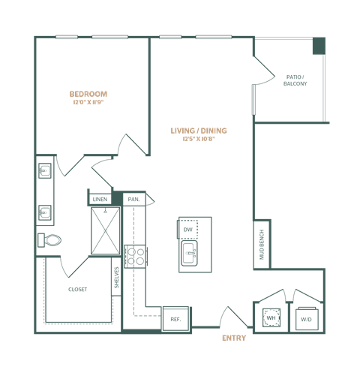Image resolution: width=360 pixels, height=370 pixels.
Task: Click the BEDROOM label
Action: tap(89, 94)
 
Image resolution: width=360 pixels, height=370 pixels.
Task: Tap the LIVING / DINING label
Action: tap(199, 131)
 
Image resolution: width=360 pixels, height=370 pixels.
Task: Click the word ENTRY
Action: tap(234, 338)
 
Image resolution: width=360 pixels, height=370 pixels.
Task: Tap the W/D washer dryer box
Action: tap(305, 319)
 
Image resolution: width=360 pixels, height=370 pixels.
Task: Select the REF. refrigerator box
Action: tap(175, 318)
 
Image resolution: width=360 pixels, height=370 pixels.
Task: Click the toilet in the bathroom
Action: tap(49, 240)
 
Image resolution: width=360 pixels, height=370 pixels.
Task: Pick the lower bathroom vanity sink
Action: tap(45, 213)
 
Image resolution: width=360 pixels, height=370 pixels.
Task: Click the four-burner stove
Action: tap(137, 256)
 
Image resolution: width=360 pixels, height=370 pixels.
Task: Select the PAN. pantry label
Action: tap(133, 199)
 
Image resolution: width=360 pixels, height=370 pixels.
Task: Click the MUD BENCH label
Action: tap(262, 242)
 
